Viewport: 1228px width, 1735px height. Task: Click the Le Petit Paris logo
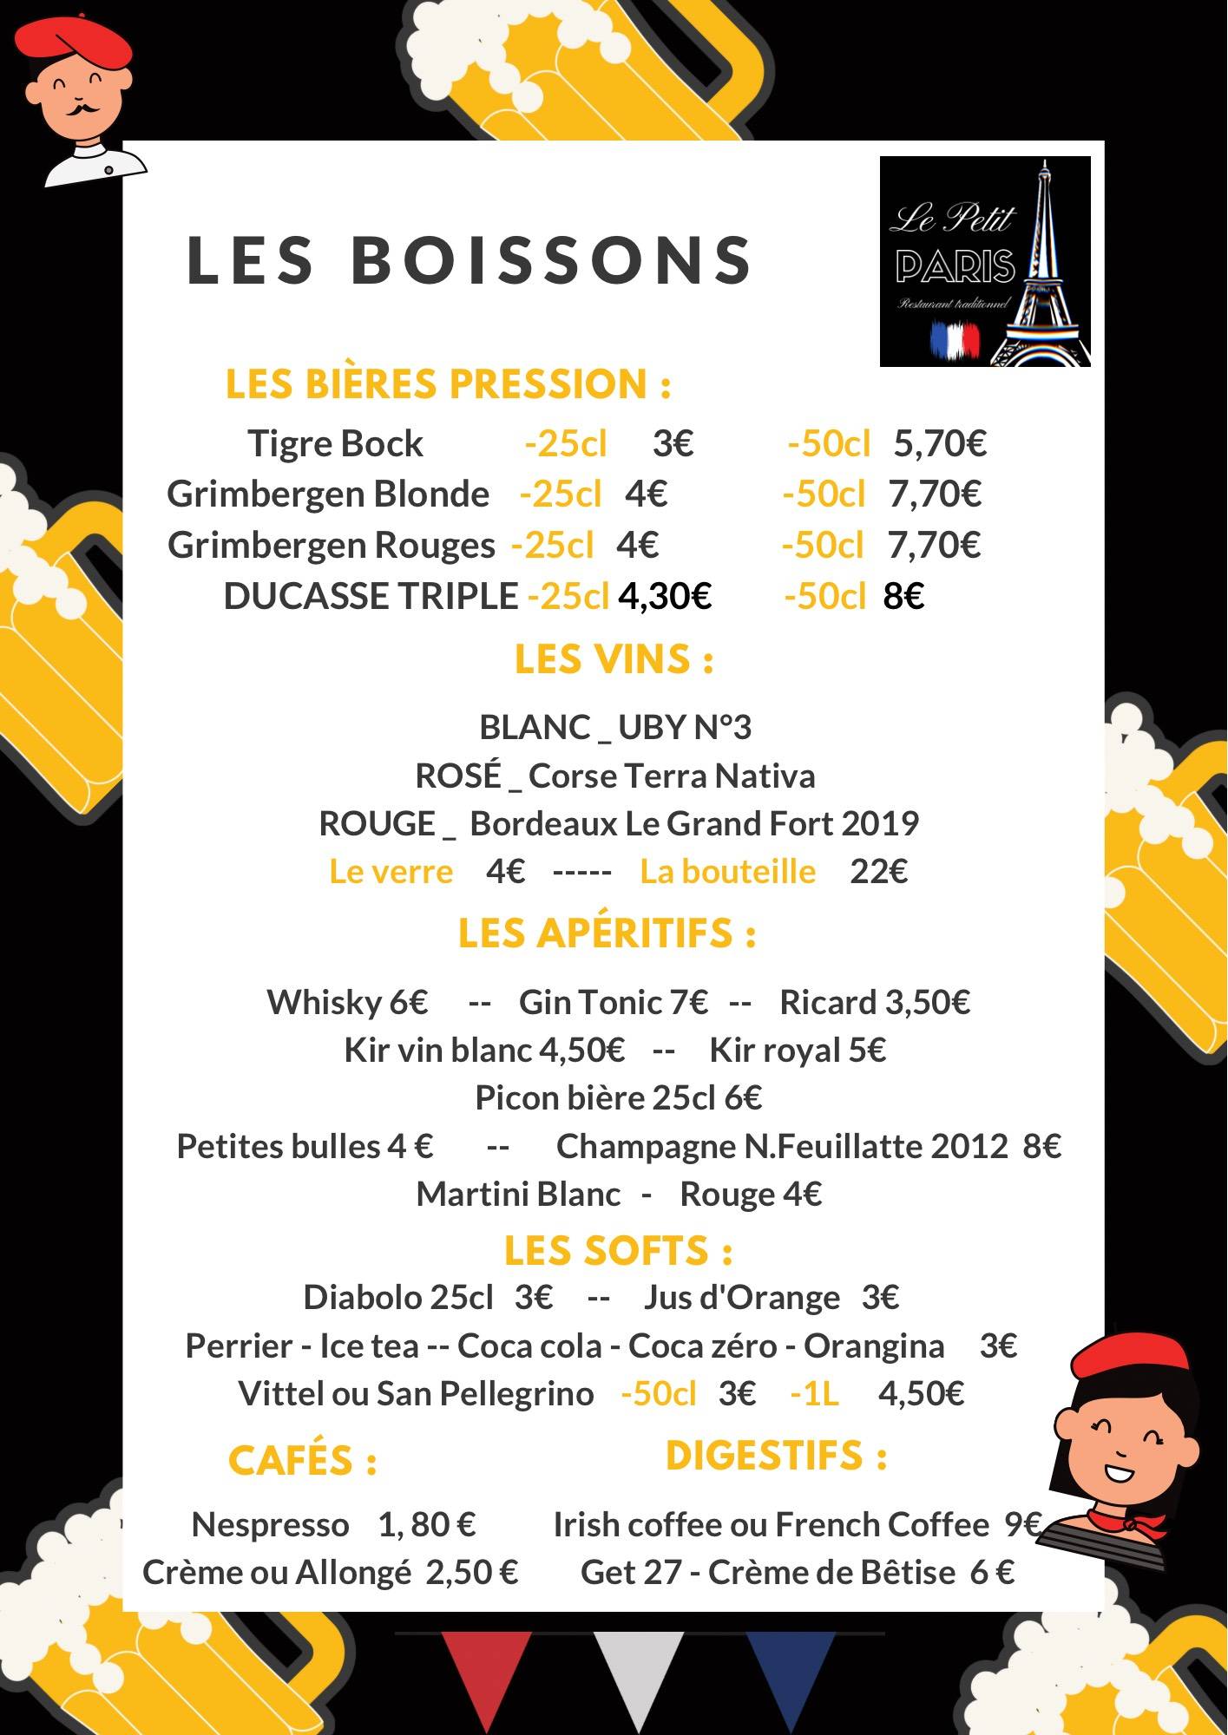click(985, 261)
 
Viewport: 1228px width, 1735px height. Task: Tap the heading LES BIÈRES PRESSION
click(448, 384)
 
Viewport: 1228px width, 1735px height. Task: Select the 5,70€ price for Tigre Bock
click(940, 443)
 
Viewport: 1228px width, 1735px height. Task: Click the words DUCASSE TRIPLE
click(371, 597)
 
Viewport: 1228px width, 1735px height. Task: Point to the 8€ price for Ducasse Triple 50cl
click(903, 597)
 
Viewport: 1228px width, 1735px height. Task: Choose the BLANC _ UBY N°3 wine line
click(614, 727)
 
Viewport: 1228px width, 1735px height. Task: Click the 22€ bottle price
click(878, 871)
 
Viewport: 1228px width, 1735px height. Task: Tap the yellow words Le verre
click(391, 871)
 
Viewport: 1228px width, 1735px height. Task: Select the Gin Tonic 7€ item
click(613, 1002)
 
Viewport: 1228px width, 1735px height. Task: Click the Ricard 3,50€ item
click(875, 1002)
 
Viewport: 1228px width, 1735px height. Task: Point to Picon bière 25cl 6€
click(618, 1098)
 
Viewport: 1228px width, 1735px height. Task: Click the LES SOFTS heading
click(618, 1251)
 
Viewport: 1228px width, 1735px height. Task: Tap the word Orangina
click(873, 1345)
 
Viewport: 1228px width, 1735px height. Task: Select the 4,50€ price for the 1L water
click(921, 1393)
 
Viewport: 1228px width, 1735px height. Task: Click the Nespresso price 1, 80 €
click(426, 1524)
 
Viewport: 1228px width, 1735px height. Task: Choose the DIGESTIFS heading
click(776, 1456)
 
